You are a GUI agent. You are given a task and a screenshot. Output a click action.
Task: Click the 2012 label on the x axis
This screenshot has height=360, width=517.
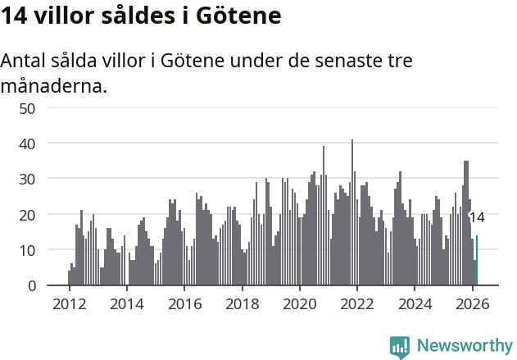69,304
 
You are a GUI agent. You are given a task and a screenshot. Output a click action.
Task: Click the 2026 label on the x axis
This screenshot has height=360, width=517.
473,304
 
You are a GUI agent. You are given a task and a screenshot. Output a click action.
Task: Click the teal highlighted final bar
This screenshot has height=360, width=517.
477,261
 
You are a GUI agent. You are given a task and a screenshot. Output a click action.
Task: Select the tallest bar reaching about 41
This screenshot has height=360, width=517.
352,213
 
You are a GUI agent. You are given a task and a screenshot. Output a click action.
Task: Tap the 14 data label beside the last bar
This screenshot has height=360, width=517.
477,217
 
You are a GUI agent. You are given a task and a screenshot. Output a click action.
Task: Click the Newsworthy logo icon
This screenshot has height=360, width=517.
400,346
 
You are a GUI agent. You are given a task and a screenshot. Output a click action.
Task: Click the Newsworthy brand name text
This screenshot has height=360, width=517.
465,346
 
